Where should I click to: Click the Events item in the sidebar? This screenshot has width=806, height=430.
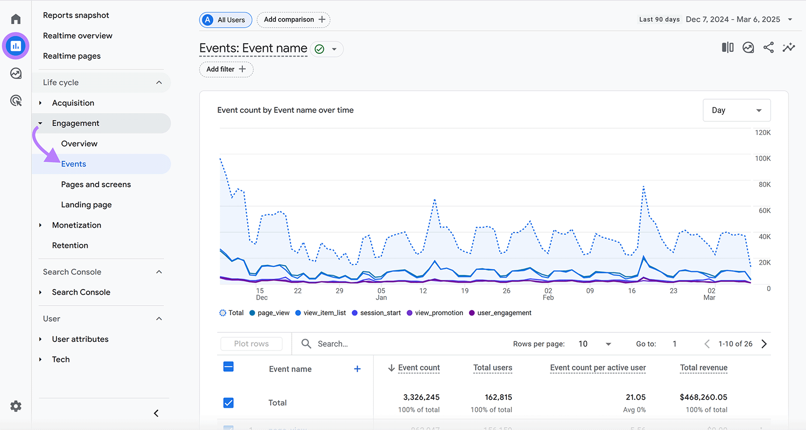[74, 164]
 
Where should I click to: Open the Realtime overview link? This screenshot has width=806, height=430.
[78, 36]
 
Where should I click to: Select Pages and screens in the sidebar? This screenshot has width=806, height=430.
[96, 184]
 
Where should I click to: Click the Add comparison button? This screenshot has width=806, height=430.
[294, 20]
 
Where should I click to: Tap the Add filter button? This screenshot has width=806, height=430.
[226, 69]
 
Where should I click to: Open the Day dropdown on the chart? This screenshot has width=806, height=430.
[736, 110]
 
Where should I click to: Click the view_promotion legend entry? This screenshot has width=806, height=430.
[435, 313]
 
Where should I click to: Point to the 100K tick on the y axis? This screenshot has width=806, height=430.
[763, 159]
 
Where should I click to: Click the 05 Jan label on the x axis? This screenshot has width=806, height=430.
[381, 294]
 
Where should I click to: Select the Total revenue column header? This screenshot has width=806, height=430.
[703, 368]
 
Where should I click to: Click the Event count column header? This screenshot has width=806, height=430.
[419, 368]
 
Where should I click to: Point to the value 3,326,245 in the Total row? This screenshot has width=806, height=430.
[421, 397]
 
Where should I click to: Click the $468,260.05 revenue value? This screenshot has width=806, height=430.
[703, 397]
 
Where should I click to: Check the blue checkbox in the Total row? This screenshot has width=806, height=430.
[228, 403]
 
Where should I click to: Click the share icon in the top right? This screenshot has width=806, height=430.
[768, 48]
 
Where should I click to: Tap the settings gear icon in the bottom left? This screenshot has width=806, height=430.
[16, 406]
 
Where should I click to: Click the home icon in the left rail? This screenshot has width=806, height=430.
[16, 19]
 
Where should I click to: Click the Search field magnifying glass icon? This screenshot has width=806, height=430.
[306, 344]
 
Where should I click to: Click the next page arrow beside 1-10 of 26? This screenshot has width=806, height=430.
[764, 344]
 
